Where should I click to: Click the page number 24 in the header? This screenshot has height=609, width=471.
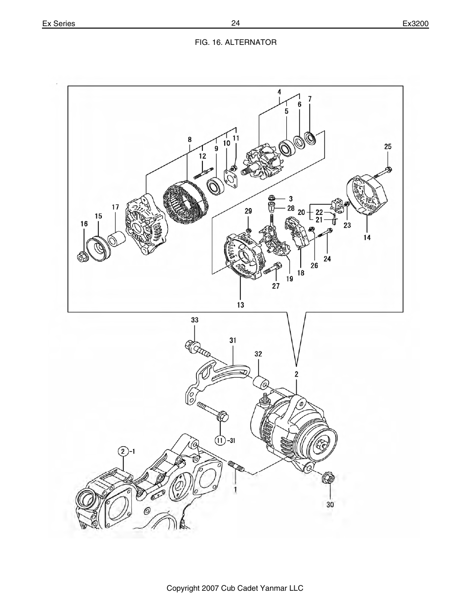click(235, 23)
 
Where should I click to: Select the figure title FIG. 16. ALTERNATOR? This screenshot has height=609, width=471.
click(235, 42)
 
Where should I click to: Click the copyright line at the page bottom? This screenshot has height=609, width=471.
click(235, 588)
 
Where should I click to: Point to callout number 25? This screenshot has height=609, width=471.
click(388, 146)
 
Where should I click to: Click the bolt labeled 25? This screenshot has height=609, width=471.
click(383, 172)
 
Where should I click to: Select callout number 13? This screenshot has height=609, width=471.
click(240, 305)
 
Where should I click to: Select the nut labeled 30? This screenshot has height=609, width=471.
click(330, 478)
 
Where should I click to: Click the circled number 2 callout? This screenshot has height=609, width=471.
click(122, 451)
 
